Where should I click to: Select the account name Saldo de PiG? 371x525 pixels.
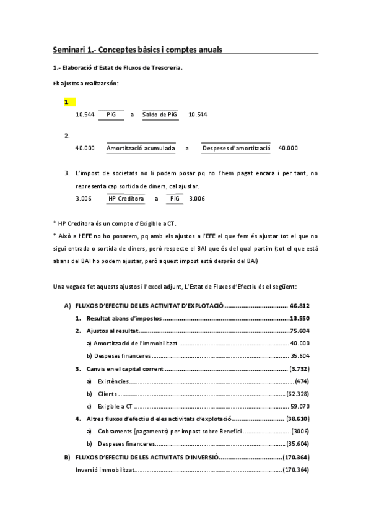pyautogui.click(x=160, y=115)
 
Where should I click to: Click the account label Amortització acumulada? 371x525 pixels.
pyautogui.click(x=141, y=149)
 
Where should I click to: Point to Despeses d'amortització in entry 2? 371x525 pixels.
pyautogui.click(x=237, y=149)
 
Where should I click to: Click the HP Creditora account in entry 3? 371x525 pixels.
pyautogui.click(x=126, y=199)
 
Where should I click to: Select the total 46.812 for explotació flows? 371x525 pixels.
pyautogui.click(x=300, y=306)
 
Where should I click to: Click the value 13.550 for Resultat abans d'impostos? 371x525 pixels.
pyautogui.click(x=300, y=319)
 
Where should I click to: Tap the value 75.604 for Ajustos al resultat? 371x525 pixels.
pyautogui.click(x=300, y=331)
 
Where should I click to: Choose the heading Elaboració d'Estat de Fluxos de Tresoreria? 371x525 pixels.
pyautogui.click(x=121, y=67)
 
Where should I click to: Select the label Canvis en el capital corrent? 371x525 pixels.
pyautogui.click(x=125, y=368)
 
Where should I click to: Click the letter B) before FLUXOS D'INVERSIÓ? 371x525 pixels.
pyautogui.click(x=67, y=458)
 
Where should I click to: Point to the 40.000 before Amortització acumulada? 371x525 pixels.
pyautogui.click(x=85, y=149)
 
